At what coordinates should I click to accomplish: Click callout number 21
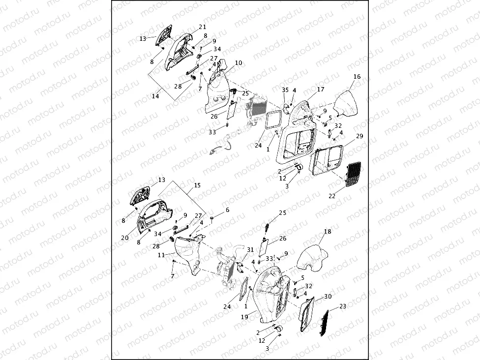[x=203, y=27]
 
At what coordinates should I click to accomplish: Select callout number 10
[x=239, y=63]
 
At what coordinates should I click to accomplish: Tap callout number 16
[x=357, y=77]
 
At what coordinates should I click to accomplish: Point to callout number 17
[x=321, y=90]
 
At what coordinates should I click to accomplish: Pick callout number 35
[x=285, y=90]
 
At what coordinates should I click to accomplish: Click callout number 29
[x=360, y=136]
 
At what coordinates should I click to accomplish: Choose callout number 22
[x=332, y=196]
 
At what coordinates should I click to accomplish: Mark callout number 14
[x=155, y=96]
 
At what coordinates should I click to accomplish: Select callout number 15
[x=197, y=185]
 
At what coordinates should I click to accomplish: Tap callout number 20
[x=125, y=238]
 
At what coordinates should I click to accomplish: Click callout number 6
[x=228, y=210]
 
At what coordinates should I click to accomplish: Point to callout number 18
[x=328, y=231]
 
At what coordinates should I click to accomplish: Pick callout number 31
[x=250, y=250]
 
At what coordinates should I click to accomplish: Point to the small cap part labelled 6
[x=211, y=217]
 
